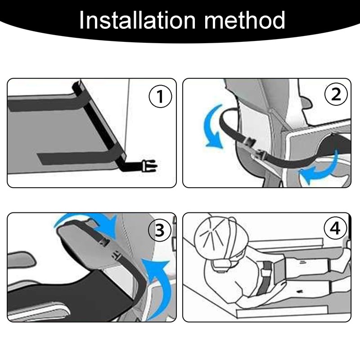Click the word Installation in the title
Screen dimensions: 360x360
pos(137,20)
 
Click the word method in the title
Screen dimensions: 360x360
pos(245,20)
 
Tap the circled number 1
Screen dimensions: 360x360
pos(160,96)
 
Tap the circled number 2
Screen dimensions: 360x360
pos(336,94)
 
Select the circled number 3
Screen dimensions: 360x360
pos(160,230)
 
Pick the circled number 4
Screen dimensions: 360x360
pos(335,229)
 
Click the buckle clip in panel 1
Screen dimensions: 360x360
pos(150,166)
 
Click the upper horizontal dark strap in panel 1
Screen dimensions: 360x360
pos(46,104)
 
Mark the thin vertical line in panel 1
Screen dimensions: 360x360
pos(128,119)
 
